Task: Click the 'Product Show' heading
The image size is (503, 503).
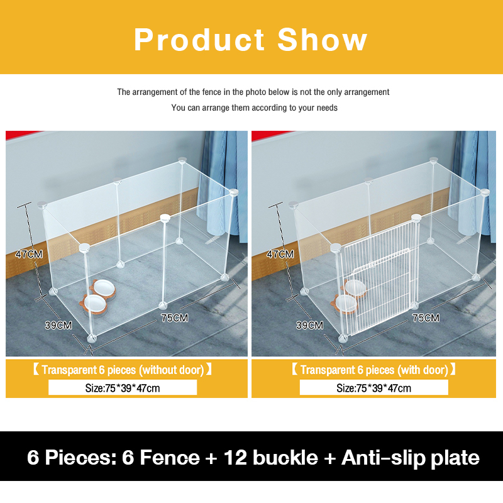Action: tap(250, 40)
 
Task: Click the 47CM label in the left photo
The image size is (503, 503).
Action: tap(29, 254)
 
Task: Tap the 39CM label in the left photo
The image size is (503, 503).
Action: tap(58, 325)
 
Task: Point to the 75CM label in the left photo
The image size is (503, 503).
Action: tap(174, 318)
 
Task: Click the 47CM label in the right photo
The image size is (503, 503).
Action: tap(280, 254)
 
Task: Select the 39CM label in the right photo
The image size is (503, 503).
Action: tap(309, 325)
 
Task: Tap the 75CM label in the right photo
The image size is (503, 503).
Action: tap(426, 318)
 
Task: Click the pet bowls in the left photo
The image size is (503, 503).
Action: tap(97, 297)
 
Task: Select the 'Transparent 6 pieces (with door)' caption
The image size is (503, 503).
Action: tap(374, 370)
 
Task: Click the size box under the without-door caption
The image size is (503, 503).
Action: tap(123, 388)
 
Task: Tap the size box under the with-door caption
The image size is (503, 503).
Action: tap(374, 388)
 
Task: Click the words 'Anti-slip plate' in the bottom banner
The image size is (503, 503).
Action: tap(411, 457)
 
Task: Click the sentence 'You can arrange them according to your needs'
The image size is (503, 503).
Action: tap(254, 108)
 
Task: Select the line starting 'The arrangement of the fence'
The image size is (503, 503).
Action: tap(253, 92)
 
